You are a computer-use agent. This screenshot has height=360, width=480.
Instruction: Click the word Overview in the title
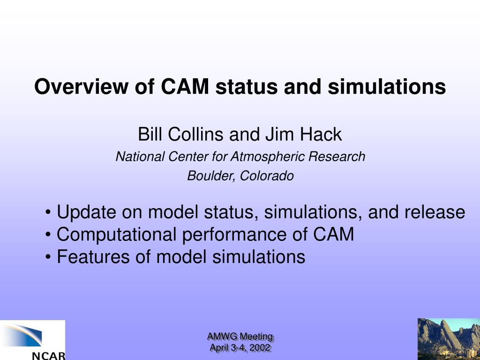[x=81, y=86]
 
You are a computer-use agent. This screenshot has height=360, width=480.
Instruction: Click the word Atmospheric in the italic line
[x=267, y=157]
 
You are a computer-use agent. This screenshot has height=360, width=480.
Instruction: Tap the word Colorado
[x=267, y=176]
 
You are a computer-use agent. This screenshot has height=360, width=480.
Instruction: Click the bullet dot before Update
[x=48, y=212]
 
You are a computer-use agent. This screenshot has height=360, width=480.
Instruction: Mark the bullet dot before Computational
[x=48, y=234]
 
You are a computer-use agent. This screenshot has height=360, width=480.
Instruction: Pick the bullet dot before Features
[x=48, y=257]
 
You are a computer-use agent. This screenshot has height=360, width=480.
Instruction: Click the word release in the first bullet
[x=435, y=212]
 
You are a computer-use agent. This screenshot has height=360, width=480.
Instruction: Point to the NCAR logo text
[x=49, y=356]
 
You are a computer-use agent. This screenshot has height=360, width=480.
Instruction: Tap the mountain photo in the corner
[x=449, y=339]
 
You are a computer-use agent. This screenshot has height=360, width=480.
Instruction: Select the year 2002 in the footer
[x=260, y=348]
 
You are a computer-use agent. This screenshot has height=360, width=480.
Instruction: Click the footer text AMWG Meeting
[x=240, y=337]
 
